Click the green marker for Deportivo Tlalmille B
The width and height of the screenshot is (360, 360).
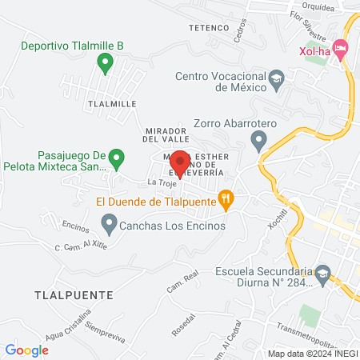(103, 62)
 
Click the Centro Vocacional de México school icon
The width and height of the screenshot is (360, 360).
(276, 78)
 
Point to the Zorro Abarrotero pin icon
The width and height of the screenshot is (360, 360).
(258, 142)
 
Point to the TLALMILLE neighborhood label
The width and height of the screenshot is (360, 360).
(111, 104)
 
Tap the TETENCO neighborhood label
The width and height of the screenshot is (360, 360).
(210, 27)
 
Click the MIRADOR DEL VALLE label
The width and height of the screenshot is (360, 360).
(166, 134)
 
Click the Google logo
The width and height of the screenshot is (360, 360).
(26, 350)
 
